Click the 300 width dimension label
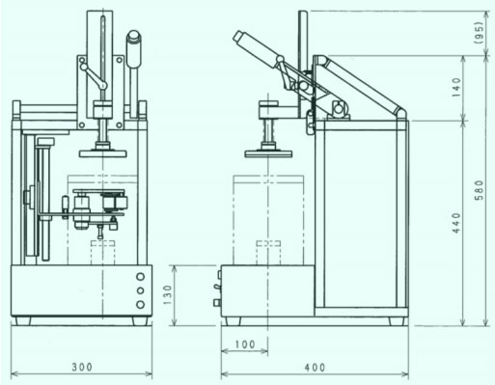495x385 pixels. click(82, 367)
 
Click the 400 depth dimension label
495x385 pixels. click(315, 367)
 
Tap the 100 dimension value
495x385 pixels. click(245, 344)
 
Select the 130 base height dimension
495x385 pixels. click(168, 295)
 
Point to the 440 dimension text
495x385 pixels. click(456, 223)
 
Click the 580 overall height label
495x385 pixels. click(479, 190)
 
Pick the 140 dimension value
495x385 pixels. click(456, 88)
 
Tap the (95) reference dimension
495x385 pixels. click(479, 33)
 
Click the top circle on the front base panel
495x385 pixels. click(140, 277)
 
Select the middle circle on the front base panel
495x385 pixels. click(140, 290)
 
